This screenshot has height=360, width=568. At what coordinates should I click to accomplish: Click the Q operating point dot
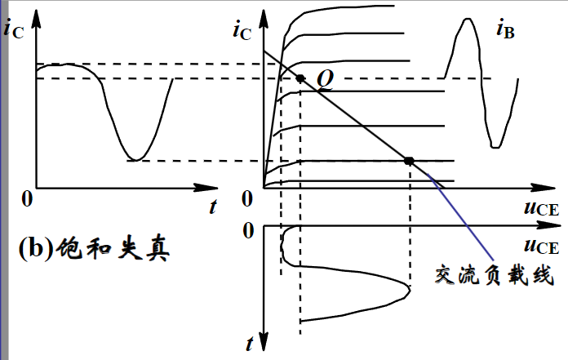tap(300, 79)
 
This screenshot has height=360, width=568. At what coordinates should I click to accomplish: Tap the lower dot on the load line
tap(410, 160)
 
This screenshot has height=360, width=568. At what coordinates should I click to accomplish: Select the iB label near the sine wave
tap(505, 31)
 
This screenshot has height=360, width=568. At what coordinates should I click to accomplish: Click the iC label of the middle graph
tap(242, 31)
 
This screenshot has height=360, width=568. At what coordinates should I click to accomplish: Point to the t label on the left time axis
tap(213, 207)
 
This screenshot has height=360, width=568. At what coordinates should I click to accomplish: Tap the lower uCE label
tap(541, 247)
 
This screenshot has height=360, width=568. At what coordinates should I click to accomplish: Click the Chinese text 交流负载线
tap(495, 276)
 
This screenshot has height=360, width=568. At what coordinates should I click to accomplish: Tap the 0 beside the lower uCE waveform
tap(249, 231)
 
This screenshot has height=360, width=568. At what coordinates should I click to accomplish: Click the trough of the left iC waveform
tap(137, 158)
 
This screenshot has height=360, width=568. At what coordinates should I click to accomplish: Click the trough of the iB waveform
tap(495, 147)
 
